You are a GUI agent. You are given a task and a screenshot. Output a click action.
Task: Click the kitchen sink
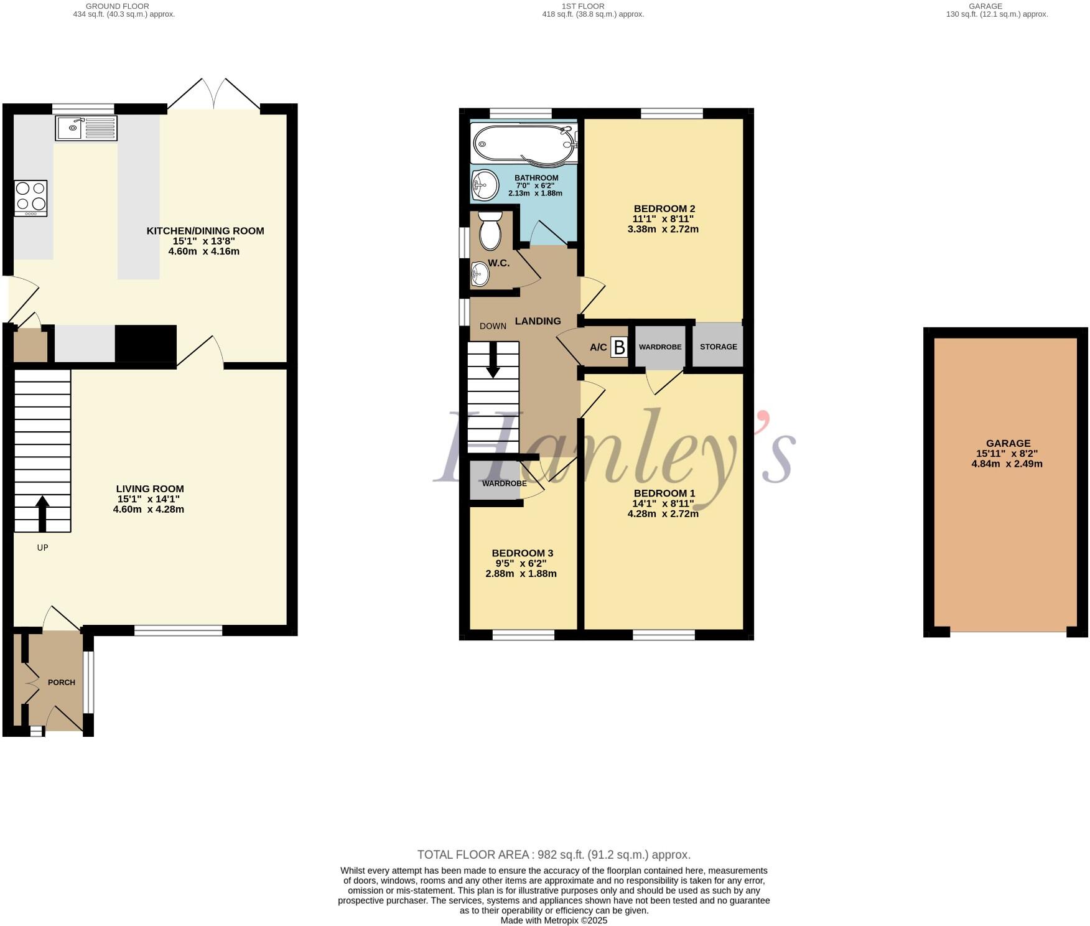tap(86, 128)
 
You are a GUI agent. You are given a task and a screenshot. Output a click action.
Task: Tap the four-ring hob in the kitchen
tap(30, 198)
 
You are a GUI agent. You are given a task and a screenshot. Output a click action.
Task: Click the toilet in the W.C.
tap(490, 231)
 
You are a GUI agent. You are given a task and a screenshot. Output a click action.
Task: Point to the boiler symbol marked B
tap(618, 347)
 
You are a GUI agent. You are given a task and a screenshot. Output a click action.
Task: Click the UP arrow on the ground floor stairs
tap(42, 513)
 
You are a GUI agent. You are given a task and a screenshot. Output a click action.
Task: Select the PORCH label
tap(62, 683)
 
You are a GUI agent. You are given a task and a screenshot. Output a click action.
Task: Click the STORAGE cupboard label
tap(718, 347)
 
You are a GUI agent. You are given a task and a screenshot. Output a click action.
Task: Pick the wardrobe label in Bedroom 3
tap(504, 484)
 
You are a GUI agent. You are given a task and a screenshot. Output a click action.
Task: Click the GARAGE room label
tap(1007, 444)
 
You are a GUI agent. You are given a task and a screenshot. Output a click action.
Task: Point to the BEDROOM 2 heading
tap(664, 208)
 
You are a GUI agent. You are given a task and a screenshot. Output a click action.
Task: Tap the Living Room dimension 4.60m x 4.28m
tap(149, 509)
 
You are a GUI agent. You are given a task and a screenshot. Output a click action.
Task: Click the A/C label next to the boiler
tap(598, 347)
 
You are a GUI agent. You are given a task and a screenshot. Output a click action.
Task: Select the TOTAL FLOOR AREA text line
tap(553, 855)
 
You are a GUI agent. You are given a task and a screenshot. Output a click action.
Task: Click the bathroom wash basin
tap(485, 184)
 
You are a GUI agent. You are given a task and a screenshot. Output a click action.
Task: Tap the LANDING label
tap(538, 321)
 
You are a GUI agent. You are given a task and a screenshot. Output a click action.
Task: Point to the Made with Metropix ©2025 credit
tap(553, 920)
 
